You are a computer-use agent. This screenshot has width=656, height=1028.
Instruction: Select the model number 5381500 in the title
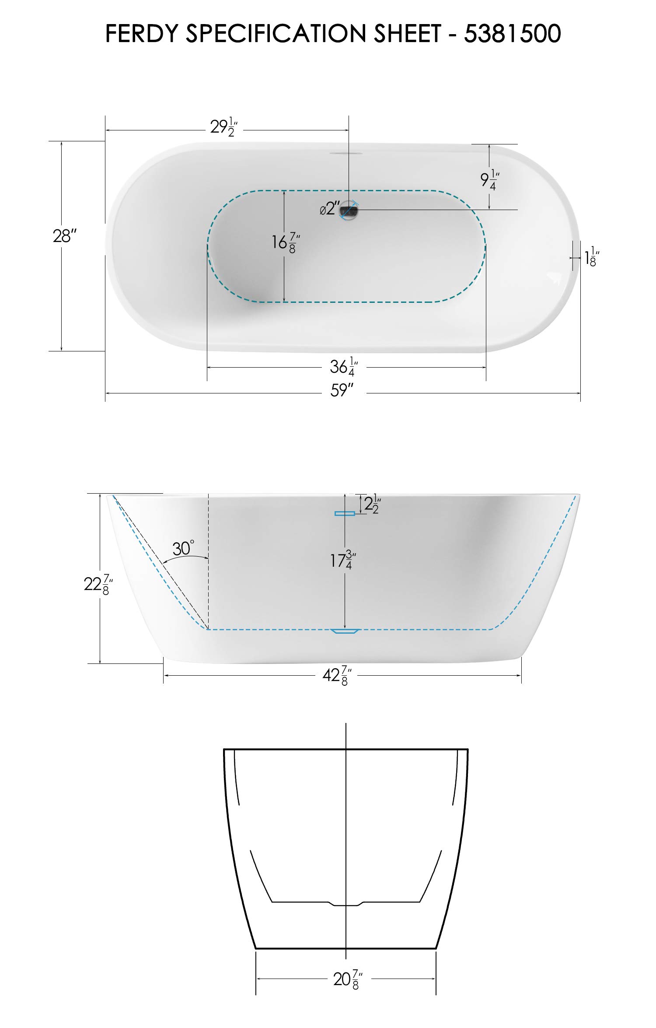[513, 34]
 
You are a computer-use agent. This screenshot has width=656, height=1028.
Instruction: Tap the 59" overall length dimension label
[342, 390]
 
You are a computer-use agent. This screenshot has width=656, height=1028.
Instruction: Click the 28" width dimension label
[65, 236]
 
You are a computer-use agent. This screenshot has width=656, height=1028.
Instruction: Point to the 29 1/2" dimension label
[224, 127]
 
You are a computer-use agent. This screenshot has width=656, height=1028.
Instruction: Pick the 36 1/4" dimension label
[344, 367]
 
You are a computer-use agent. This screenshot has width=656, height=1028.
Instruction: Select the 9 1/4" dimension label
[490, 180]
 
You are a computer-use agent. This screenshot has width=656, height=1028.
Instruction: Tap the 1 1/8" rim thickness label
[592, 256]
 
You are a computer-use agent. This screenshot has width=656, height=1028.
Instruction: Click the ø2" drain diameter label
[330, 208]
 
